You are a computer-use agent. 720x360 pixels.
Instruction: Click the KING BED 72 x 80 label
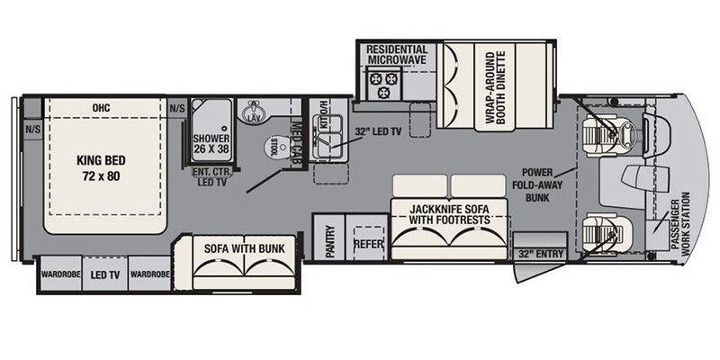tap(101, 168)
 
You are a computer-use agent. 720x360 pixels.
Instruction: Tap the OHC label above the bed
tap(101, 108)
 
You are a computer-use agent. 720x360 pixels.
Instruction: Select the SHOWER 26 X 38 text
tap(211, 143)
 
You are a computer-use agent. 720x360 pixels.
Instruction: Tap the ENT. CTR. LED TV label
tap(211, 176)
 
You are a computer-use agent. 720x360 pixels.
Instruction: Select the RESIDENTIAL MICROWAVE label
tap(396, 55)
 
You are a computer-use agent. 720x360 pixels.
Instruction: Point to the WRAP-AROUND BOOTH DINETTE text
tap(496, 87)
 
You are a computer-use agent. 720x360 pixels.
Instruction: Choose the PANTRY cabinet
tap(328, 237)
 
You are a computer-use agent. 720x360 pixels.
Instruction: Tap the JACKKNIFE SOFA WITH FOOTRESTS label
tap(449, 214)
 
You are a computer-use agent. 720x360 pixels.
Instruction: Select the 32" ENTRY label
tap(541, 254)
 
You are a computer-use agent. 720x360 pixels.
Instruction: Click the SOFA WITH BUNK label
tap(244, 249)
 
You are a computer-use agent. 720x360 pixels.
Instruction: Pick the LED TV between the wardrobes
tap(105, 274)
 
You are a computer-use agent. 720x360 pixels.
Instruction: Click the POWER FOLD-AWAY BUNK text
tap(537, 185)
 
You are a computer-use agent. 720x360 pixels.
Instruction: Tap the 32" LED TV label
tap(378, 131)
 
